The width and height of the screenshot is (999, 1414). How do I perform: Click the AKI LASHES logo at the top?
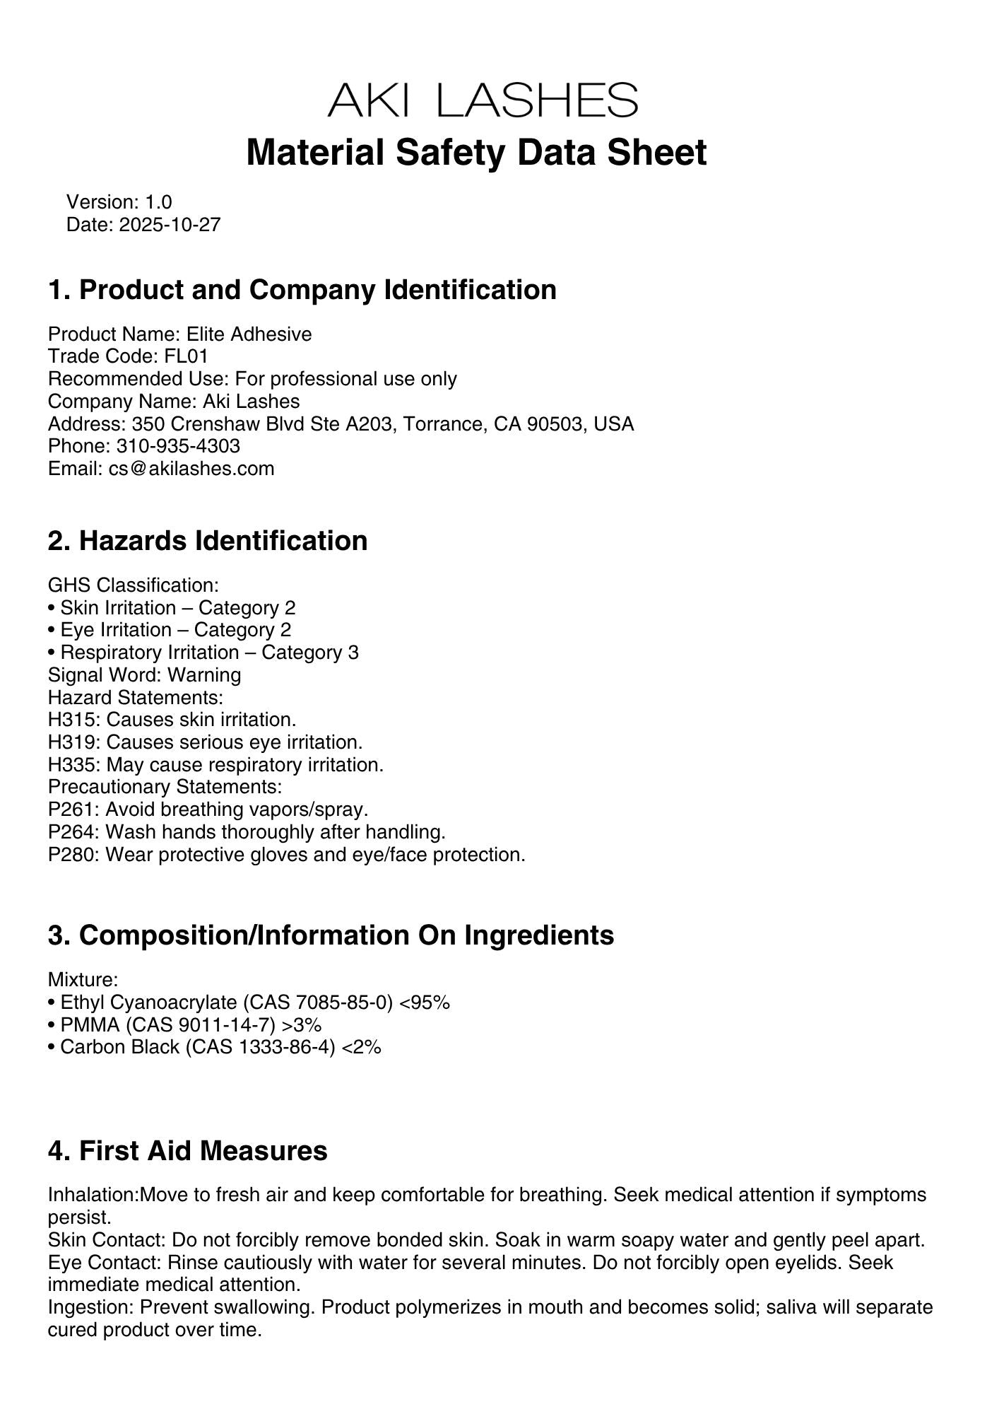(483, 100)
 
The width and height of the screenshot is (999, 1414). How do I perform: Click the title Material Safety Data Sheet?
(476, 153)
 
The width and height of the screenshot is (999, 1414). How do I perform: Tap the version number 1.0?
(159, 202)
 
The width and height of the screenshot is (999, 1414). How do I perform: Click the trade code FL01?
(186, 356)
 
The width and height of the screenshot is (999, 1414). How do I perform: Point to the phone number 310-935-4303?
(178, 446)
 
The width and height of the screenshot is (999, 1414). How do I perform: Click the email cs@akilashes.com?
(191, 469)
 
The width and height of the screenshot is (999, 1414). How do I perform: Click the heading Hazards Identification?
(223, 541)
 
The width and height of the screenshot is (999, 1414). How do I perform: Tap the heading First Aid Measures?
(203, 1151)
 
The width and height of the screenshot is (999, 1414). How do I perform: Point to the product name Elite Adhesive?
(249, 334)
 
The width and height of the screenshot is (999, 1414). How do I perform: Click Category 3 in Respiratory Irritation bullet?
(310, 653)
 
